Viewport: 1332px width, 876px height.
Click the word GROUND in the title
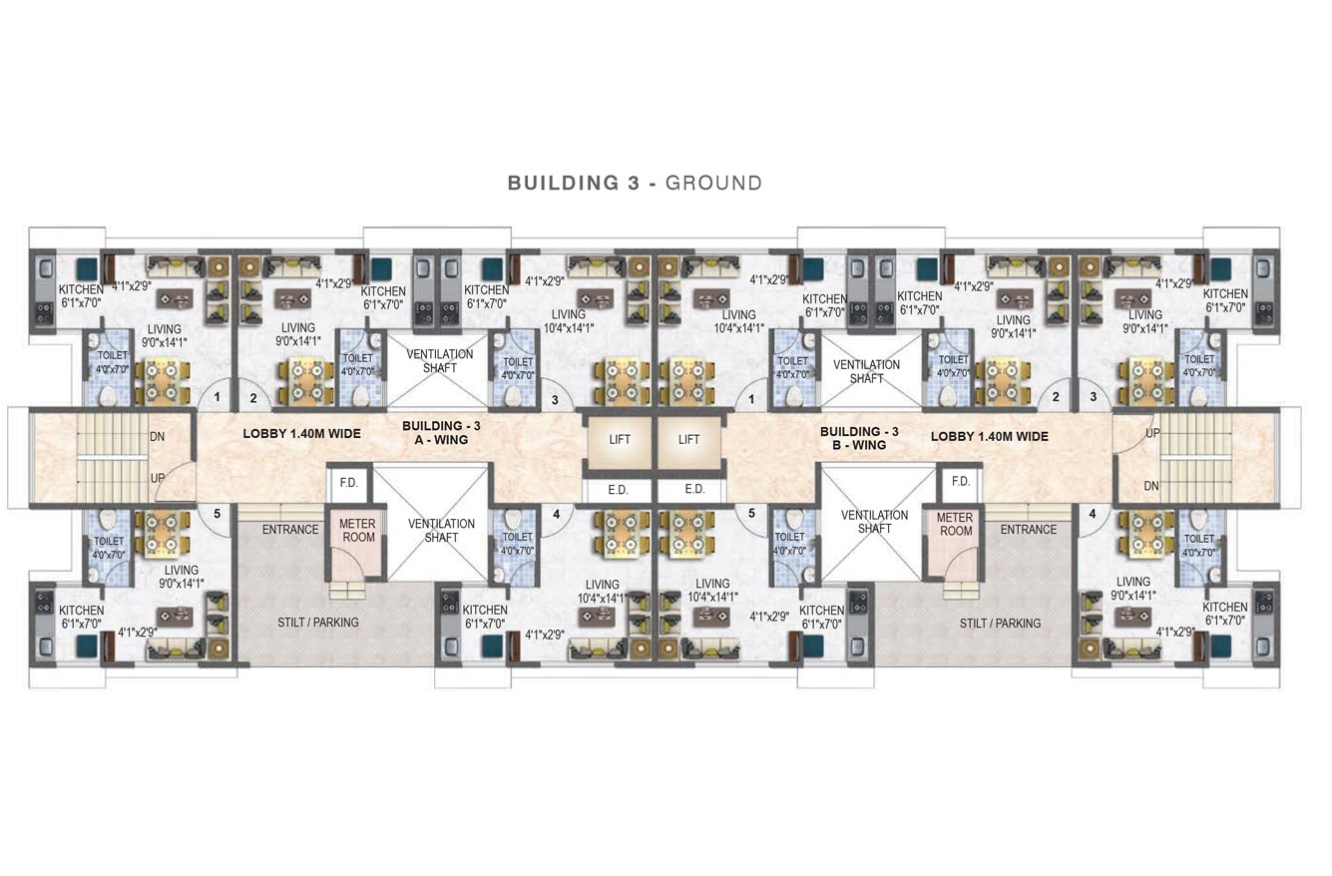[713, 184]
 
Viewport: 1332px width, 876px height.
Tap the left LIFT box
[619, 439]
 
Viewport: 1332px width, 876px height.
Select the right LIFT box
[688, 439]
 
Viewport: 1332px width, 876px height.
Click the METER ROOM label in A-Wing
[357, 531]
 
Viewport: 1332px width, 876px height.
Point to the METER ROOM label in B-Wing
[955, 524]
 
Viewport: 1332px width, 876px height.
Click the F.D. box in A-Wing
[349, 483]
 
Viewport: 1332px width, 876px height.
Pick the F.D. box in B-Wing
[961, 481]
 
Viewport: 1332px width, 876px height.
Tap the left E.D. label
[618, 490]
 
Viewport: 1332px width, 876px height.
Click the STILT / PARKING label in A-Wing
[318, 623]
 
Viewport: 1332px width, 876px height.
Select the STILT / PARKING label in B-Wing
[1000, 624]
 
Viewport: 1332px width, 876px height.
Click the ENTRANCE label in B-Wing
[1029, 529]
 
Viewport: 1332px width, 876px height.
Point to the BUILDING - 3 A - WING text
[441, 433]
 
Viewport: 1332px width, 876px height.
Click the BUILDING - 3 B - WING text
[859, 438]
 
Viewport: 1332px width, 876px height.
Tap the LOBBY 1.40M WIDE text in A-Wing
[302, 434]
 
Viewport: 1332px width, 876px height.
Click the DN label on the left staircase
[157, 437]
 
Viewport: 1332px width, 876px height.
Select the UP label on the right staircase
[1153, 433]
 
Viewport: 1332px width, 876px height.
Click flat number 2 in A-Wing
[253, 398]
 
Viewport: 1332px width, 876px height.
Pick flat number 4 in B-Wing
[1093, 513]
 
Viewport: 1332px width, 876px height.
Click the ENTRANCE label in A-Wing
[290, 529]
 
